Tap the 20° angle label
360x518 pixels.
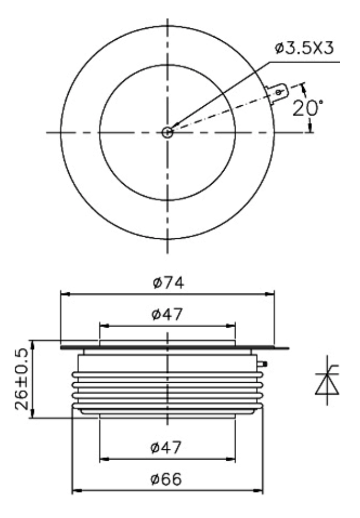point(308,108)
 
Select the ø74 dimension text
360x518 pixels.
point(168,283)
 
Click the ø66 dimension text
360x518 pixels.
point(166,479)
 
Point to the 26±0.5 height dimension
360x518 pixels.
point(22,380)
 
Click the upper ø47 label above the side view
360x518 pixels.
point(167,314)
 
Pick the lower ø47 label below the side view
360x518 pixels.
point(166,448)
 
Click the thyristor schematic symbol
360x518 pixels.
point(327,381)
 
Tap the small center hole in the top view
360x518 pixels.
point(167,132)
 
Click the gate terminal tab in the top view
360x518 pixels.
point(277,93)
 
